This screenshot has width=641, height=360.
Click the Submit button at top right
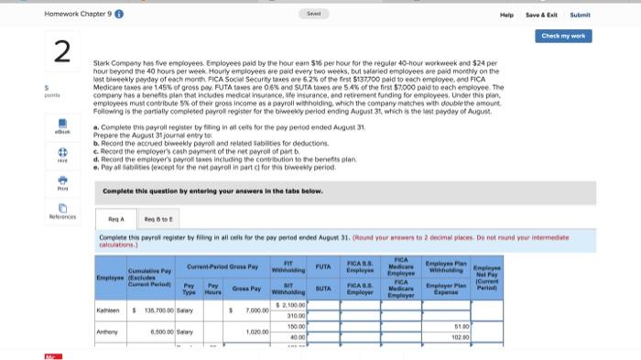click(x=581, y=15)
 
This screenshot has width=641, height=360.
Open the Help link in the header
click(x=505, y=15)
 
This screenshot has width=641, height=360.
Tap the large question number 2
click(x=62, y=53)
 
